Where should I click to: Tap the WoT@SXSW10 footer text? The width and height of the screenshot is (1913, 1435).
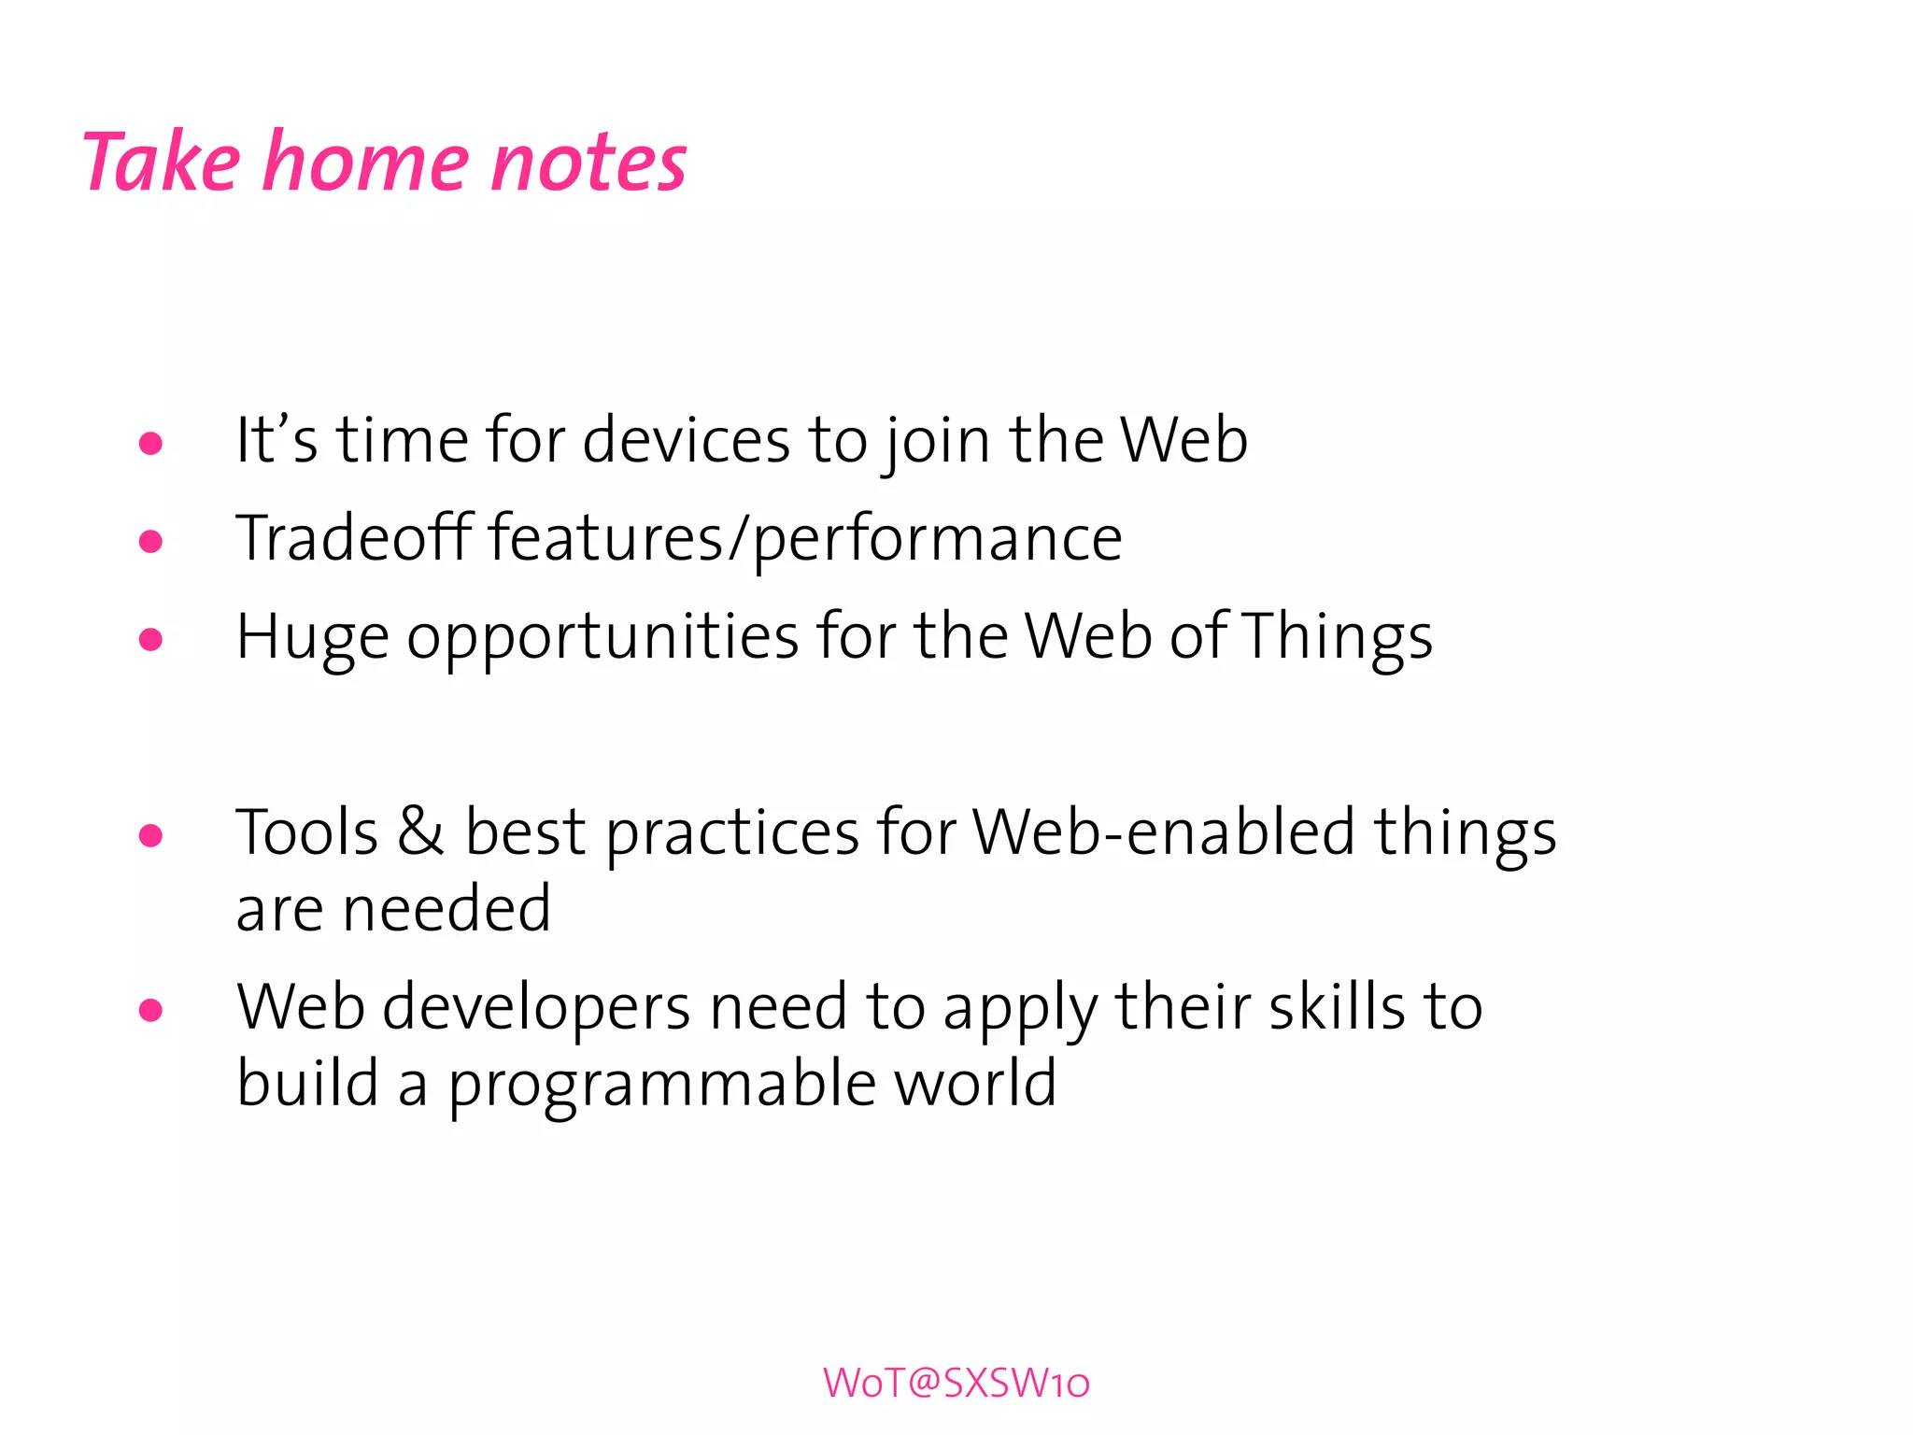(x=956, y=1384)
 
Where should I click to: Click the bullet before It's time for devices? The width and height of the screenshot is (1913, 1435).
(x=150, y=444)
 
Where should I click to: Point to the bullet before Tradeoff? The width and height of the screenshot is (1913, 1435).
(x=150, y=541)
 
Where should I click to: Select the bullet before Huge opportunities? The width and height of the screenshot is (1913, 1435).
(x=150, y=640)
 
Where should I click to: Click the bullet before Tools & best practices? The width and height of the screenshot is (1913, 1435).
(x=150, y=835)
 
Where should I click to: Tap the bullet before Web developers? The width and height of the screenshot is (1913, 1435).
(x=150, y=1010)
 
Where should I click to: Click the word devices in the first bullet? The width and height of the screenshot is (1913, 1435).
(x=686, y=441)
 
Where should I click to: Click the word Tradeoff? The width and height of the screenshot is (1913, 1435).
(x=354, y=538)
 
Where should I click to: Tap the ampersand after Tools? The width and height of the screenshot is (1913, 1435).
(x=420, y=831)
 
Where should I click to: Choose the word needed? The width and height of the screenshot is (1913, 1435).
(x=446, y=909)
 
